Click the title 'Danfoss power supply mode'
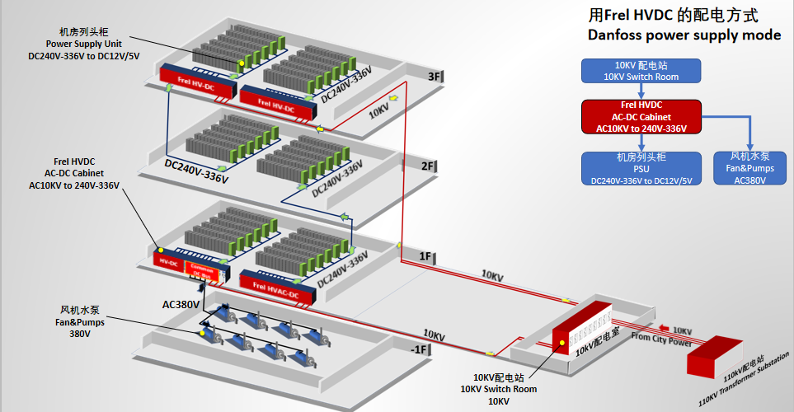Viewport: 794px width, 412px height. click(x=684, y=35)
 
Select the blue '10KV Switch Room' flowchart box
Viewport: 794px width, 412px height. click(x=641, y=70)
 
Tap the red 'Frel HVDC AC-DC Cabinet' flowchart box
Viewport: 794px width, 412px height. click(x=641, y=117)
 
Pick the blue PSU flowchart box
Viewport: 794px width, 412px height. click(x=641, y=168)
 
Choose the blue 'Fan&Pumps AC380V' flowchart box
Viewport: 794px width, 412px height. click(x=749, y=168)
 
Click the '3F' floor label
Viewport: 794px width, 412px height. click(x=435, y=77)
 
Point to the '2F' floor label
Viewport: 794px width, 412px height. click(x=429, y=166)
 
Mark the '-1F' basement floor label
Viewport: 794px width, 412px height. click(x=420, y=349)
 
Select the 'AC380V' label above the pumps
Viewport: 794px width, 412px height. click(x=181, y=304)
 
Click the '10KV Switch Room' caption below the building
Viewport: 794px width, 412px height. click(x=498, y=389)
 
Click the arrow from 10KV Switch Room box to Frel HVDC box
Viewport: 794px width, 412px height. click(x=641, y=91)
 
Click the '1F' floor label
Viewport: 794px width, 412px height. click(x=425, y=256)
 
